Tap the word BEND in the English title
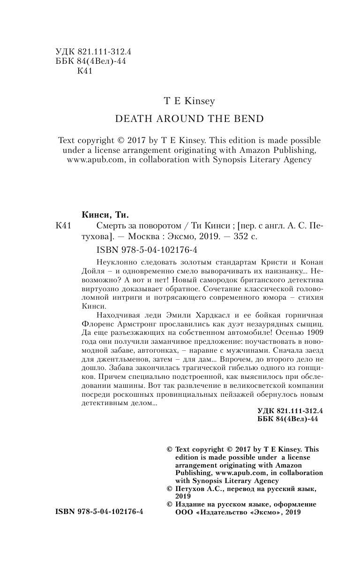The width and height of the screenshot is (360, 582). pos(250,119)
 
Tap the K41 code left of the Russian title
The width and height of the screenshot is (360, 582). pos(62,226)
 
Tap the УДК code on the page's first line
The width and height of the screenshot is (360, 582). pos(92,53)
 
